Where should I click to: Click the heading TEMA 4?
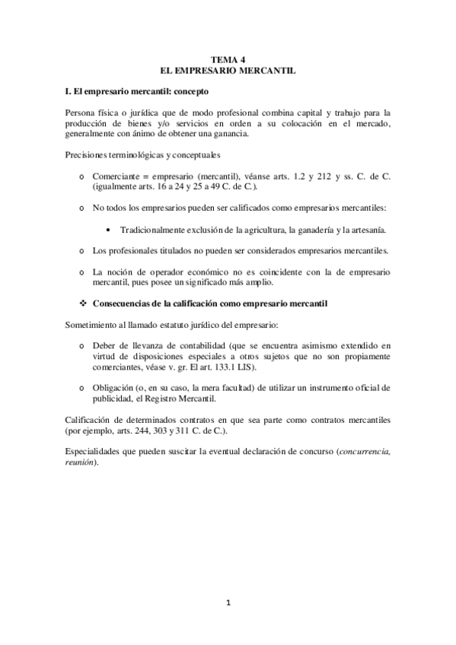pos(228,59)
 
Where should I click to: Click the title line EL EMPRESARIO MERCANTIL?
pos(228,70)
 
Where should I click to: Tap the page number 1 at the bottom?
pos(228,602)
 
